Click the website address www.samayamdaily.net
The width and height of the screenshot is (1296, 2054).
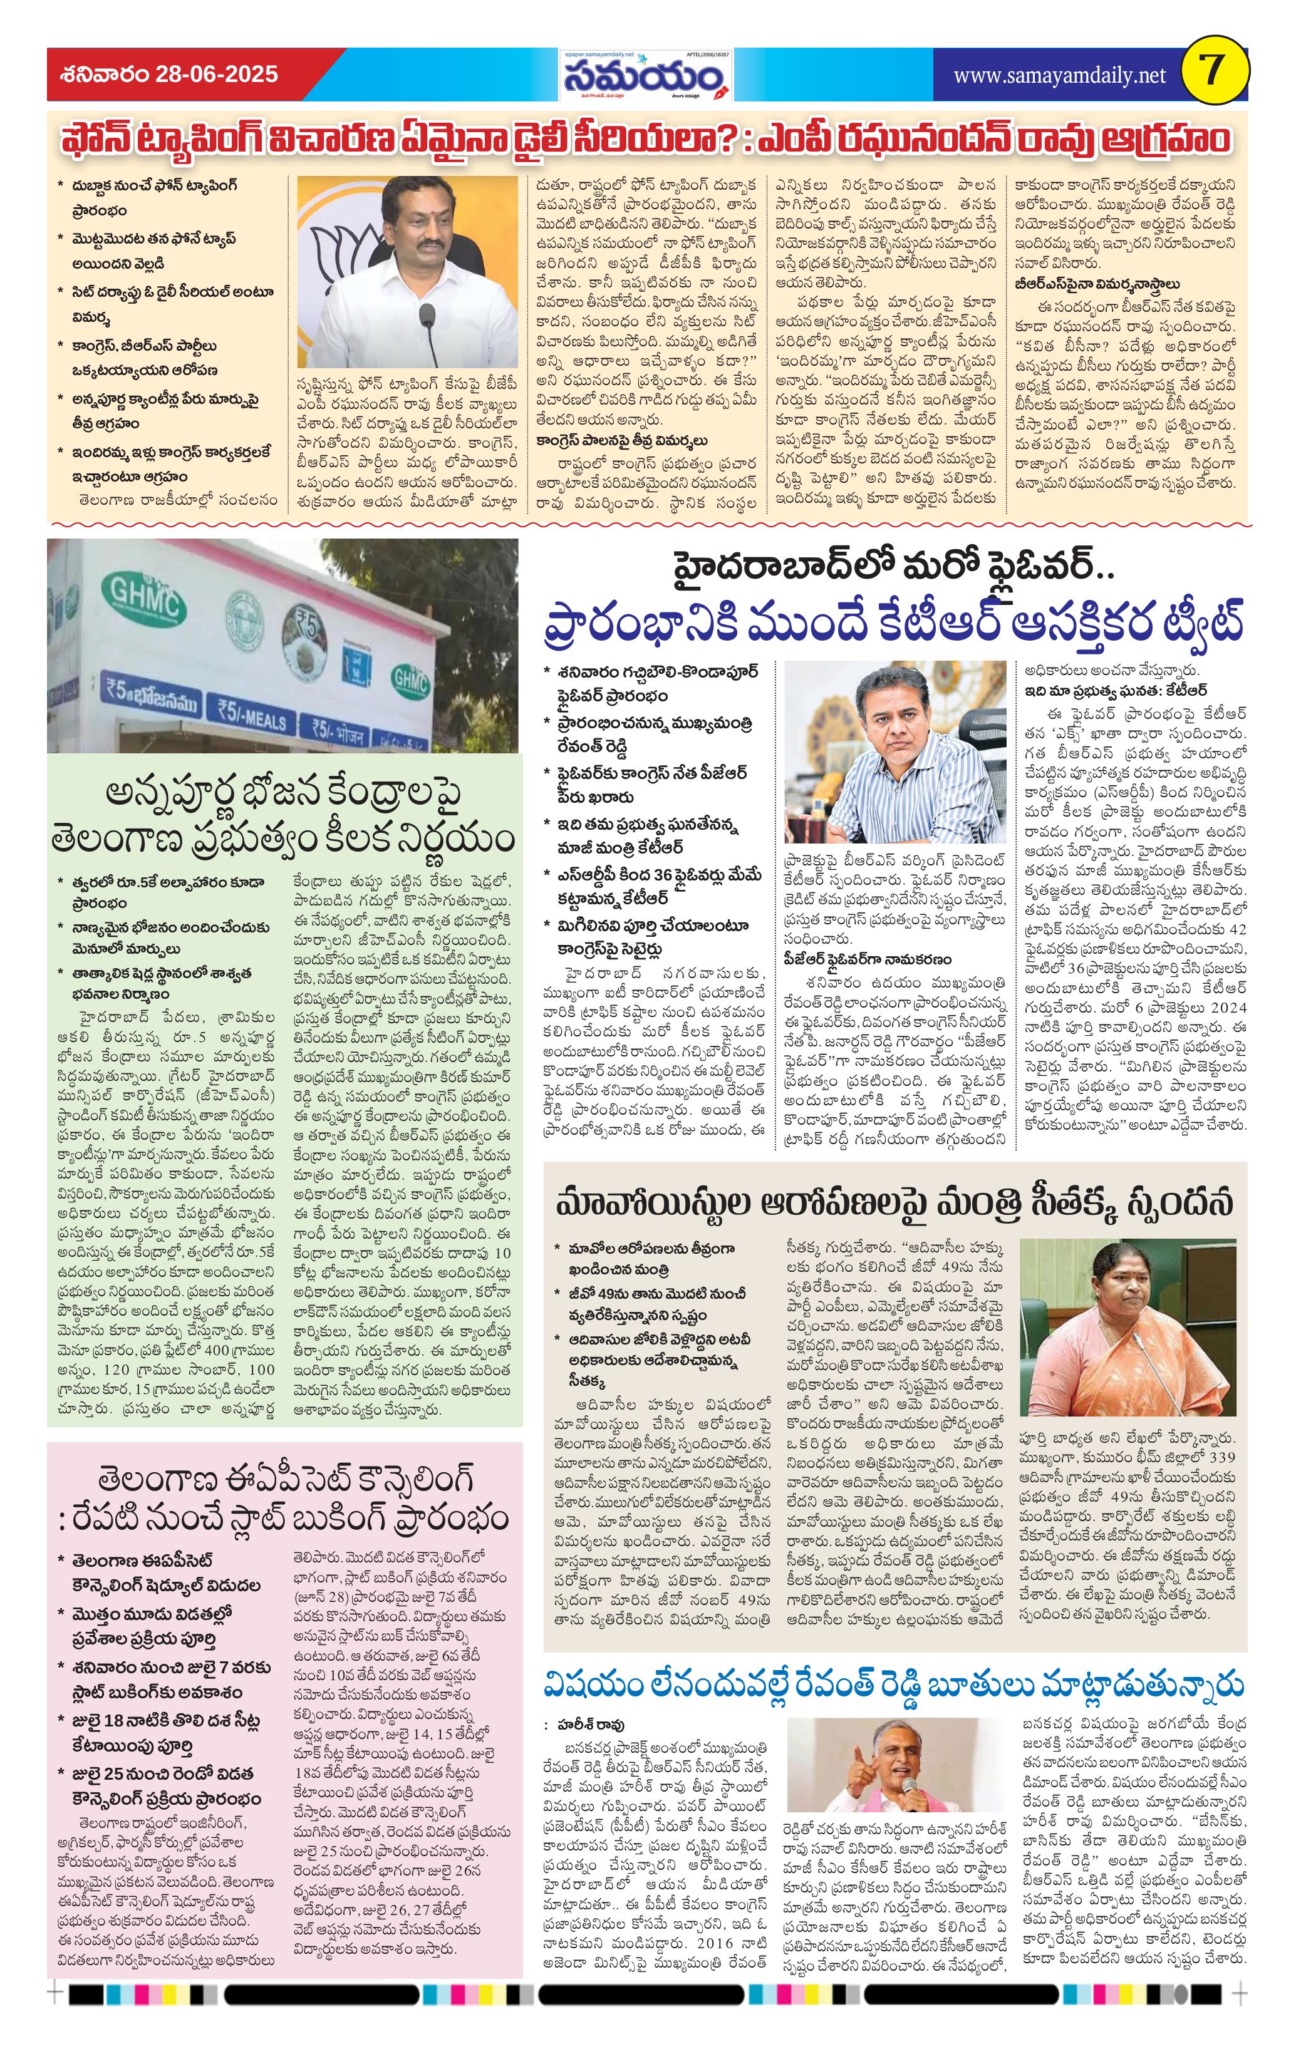click(1059, 75)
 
